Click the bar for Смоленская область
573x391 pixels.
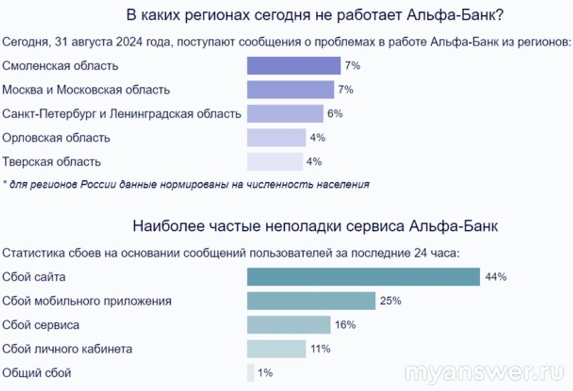(x=293, y=66)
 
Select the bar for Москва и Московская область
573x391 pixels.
(x=290, y=90)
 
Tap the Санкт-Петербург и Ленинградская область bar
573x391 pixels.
(x=285, y=114)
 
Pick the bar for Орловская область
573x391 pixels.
(x=276, y=138)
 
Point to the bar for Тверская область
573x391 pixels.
(x=274, y=162)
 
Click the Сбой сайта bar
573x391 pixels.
(x=363, y=277)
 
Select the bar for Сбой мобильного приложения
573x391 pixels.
(x=311, y=301)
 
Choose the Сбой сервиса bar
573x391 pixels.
(x=288, y=325)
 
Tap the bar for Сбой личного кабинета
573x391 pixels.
(x=276, y=349)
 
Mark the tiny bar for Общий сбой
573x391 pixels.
(x=250, y=373)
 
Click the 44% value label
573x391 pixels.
(x=496, y=277)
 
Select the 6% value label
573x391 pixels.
(x=335, y=114)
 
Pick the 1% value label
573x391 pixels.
(x=265, y=373)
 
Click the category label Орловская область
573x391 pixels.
(x=56, y=138)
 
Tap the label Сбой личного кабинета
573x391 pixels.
(x=67, y=349)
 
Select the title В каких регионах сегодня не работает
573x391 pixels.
(x=315, y=15)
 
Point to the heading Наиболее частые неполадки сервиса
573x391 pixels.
(x=315, y=226)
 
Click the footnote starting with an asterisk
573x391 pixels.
(x=186, y=184)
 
